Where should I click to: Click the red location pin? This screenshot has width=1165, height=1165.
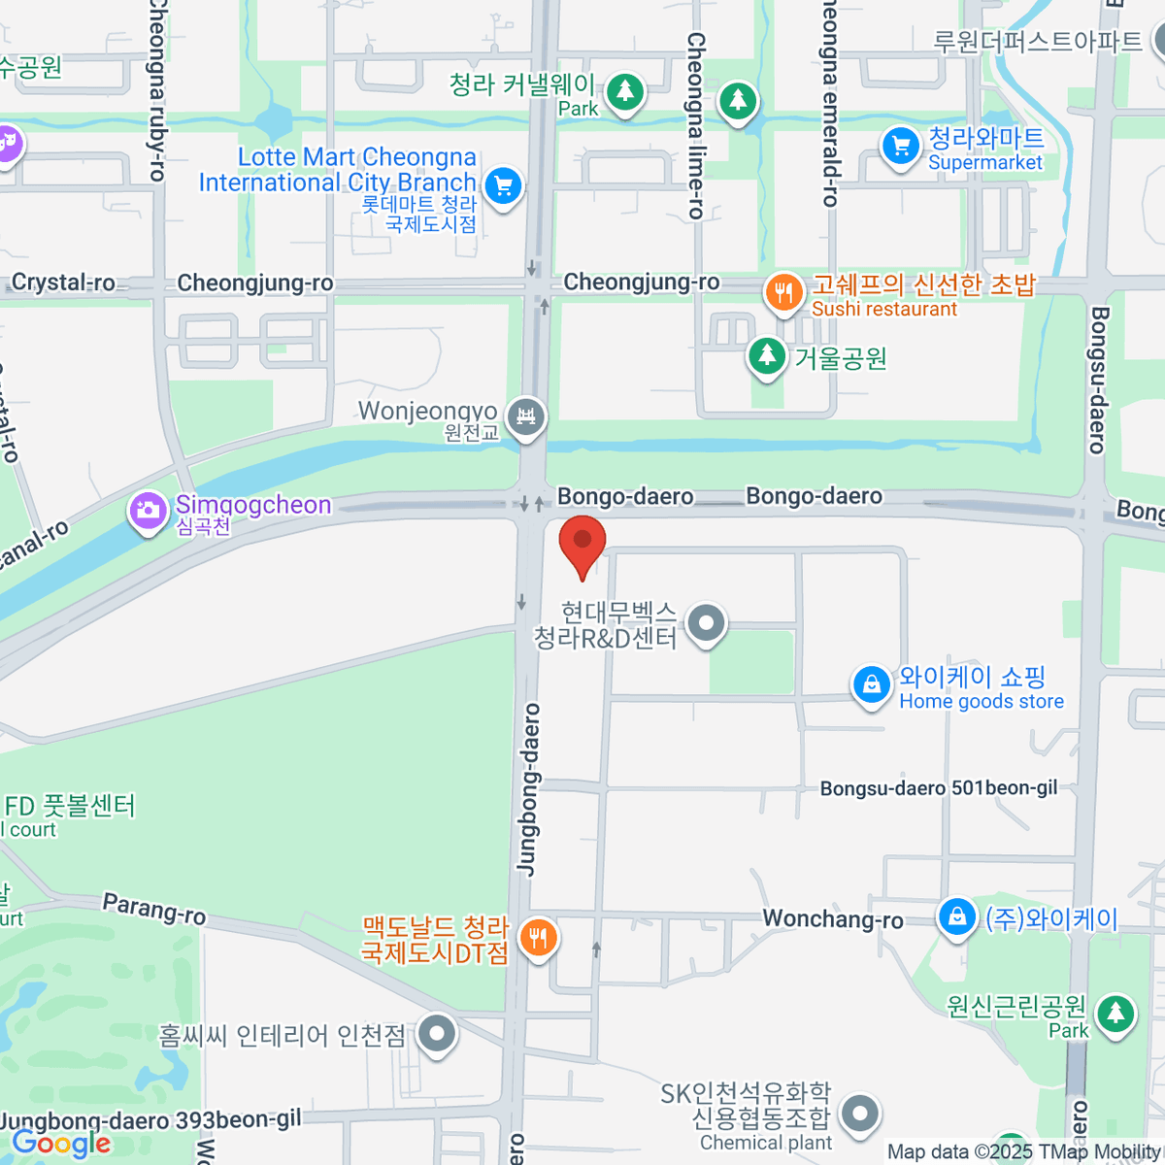point(582,544)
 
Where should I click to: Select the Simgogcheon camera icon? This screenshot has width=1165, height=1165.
point(148,510)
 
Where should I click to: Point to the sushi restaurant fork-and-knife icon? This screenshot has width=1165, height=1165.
point(783,292)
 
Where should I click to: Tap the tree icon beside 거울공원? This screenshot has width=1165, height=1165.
point(767,355)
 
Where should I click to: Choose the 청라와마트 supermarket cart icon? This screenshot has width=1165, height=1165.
point(900,147)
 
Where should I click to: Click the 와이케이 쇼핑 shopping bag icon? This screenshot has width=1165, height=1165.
point(872,684)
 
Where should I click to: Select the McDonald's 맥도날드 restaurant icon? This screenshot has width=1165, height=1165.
point(536,938)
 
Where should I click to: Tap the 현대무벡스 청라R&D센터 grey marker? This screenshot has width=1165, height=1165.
point(706,623)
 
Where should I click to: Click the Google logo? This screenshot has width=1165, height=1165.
point(60,1144)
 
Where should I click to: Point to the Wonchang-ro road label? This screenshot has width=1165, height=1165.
point(832,918)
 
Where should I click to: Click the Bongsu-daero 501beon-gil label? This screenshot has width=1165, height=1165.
point(938,788)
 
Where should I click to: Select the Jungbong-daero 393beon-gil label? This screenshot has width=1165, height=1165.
point(151,1120)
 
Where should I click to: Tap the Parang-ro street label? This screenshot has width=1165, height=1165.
point(154,909)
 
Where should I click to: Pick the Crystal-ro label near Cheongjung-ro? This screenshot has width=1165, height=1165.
point(63,283)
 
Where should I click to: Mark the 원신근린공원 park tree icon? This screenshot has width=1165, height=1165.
point(1115,1014)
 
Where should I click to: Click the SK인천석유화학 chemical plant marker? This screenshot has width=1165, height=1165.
point(859,1115)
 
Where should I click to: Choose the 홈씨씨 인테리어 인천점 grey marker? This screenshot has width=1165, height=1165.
point(437,1034)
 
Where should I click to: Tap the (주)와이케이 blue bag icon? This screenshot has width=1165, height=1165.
point(957,916)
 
